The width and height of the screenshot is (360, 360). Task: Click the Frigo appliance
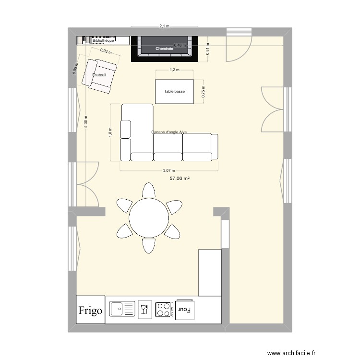pos(90,310)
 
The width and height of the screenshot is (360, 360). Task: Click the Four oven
pos(184,309)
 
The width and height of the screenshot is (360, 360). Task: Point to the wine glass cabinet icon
pos(144,309)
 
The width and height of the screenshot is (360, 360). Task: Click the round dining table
pos(148,218)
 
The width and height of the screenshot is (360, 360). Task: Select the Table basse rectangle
pos(174,91)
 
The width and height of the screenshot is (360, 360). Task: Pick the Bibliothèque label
pos(103,41)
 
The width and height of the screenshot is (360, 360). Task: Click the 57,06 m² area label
pos(179,179)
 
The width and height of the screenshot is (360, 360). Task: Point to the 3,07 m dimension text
pos(169,170)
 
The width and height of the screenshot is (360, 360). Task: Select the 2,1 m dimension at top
pos(165,27)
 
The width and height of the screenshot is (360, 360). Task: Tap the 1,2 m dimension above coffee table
pos(174,70)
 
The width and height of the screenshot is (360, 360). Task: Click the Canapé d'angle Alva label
pos(169,132)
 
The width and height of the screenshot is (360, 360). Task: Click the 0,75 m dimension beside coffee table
pos(203,91)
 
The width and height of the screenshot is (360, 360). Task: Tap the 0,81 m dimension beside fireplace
pos(207,49)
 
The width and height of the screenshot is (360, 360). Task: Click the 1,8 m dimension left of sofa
pos(110,132)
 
